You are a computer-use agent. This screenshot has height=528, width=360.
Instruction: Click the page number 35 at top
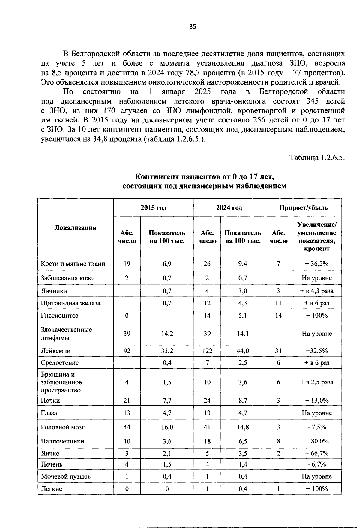193,27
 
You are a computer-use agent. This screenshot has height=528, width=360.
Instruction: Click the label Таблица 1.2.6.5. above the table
317,157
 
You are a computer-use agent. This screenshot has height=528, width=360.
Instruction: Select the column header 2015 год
154,208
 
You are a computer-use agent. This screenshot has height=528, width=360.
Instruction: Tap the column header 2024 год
229,208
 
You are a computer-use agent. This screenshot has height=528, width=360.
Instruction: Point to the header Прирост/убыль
303,208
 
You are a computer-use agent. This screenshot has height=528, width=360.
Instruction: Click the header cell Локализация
75,227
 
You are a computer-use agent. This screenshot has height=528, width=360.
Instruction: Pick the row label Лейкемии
56,351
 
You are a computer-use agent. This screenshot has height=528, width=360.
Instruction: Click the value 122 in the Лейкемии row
207,351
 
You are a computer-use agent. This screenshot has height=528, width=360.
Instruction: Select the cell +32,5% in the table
317,351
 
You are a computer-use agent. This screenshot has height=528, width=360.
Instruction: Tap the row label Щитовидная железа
71,303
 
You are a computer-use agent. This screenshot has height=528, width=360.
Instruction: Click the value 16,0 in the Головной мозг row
167,427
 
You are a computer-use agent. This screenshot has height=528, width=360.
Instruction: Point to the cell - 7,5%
317,427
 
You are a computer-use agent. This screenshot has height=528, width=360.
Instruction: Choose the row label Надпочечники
62,441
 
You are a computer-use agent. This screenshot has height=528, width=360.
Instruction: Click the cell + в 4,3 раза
317,291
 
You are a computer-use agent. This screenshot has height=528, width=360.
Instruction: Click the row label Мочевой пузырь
66,476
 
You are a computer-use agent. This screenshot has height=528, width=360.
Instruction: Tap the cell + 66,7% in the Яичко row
317,453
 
